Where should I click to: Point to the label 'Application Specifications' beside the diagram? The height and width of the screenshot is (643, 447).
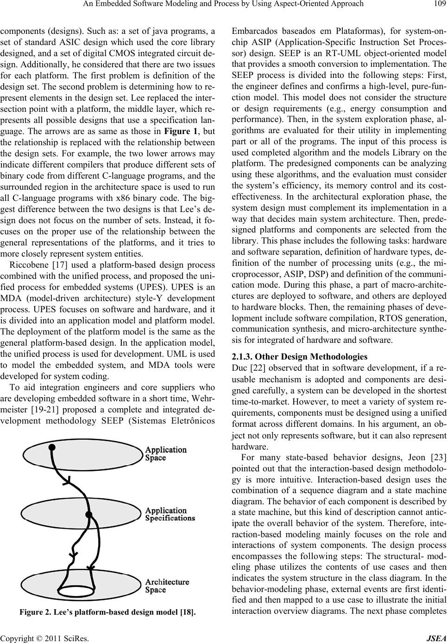coord(170,514)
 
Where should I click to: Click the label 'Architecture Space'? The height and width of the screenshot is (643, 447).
coord(167,586)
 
